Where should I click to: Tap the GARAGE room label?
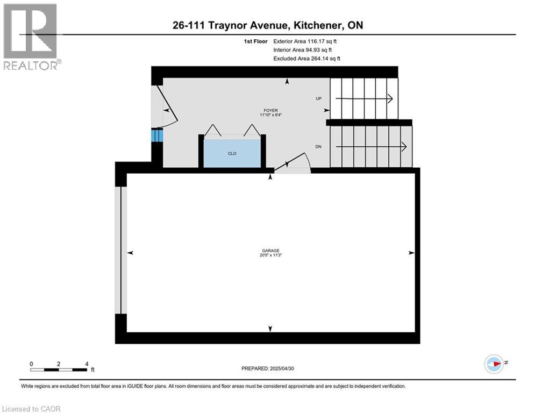click(270, 250)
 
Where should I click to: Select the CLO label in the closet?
click(232, 153)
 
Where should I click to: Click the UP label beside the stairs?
click(318, 99)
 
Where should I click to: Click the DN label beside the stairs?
click(318, 147)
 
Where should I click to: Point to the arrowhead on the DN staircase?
click(403, 147)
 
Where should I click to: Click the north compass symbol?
click(493, 363)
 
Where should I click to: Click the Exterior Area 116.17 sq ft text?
click(305, 41)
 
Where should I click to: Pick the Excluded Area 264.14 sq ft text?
click(306, 59)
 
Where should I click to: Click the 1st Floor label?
click(256, 41)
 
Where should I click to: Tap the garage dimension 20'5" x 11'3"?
click(270, 255)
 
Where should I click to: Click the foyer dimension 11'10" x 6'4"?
click(270, 115)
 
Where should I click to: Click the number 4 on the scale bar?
click(87, 364)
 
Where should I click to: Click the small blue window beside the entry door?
click(156, 135)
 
